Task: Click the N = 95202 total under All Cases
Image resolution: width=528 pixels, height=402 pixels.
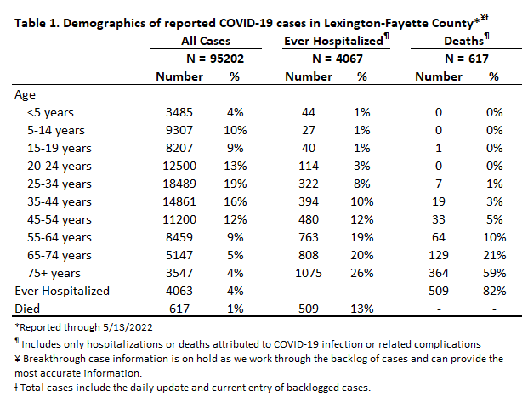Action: click(x=215, y=59)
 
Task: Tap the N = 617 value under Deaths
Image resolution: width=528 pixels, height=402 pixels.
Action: click(x=467, y=59)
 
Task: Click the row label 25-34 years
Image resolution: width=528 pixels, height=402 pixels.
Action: click(x=60, y=184)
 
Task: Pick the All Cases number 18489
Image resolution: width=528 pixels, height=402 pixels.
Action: click(x=179, y=184)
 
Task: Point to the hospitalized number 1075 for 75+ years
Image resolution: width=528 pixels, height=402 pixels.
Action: click(x=309, y=273)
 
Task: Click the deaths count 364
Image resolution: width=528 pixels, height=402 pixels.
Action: click(x=439, y=273)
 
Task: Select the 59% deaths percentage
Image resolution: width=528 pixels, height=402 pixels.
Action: click(x=494, y=273)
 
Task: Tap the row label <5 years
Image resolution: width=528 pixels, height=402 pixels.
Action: click(x=50, y=113)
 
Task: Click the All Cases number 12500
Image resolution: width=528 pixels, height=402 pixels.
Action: click(x=179, y=166)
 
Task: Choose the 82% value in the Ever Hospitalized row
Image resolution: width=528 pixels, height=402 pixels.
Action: click(x=494, y=291)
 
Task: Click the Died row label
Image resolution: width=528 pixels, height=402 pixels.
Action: click(x=27, y=309)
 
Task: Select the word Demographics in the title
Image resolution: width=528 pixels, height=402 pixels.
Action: click(x=111, y=24)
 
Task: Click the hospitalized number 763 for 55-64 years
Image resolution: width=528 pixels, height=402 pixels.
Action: click(x=309, y=237)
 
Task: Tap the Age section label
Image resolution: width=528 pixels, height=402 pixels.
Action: click(x=25, y=95)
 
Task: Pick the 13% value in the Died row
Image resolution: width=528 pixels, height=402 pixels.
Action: click(x=362, y=309)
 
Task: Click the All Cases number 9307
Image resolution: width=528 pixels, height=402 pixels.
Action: click(x=179, y=130)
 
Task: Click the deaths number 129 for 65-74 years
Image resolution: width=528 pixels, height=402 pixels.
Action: click(x=439, y=255)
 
